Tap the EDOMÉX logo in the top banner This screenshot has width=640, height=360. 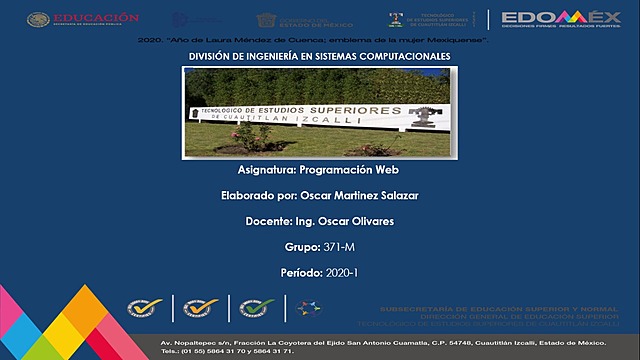[x=561, y=19]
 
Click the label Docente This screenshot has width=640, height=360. [x=267, y=221]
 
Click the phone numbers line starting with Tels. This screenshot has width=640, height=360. [x=229, y=352]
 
